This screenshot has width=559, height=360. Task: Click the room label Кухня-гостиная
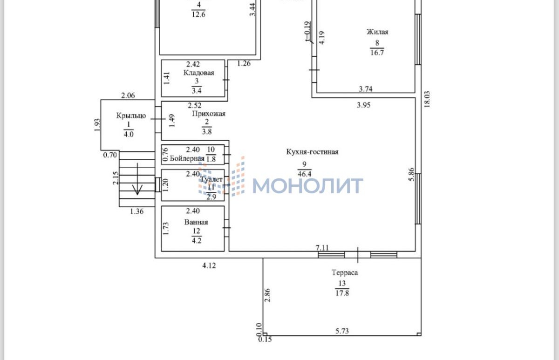click(312, 152)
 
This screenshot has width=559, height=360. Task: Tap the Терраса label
click(345, 272)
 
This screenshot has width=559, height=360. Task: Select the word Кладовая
click(198, 73)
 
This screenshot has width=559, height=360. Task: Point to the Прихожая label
click(208, 114)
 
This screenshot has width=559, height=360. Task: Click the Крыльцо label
click(131, 115)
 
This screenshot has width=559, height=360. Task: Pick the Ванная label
click(196, 222)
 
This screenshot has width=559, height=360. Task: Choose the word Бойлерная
click(187, 158)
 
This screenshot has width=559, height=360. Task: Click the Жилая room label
click(377, 32)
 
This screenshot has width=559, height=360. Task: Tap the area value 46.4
click(305, 173)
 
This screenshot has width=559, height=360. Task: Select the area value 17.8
click(342, 293)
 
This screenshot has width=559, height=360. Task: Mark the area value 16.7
click(376, 53)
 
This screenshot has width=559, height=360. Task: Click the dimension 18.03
click(427, 99)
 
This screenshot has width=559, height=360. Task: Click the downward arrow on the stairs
click(137, 188)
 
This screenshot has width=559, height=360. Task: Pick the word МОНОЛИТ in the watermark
click(307, 185)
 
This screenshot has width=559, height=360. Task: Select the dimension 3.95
click(363, 105)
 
